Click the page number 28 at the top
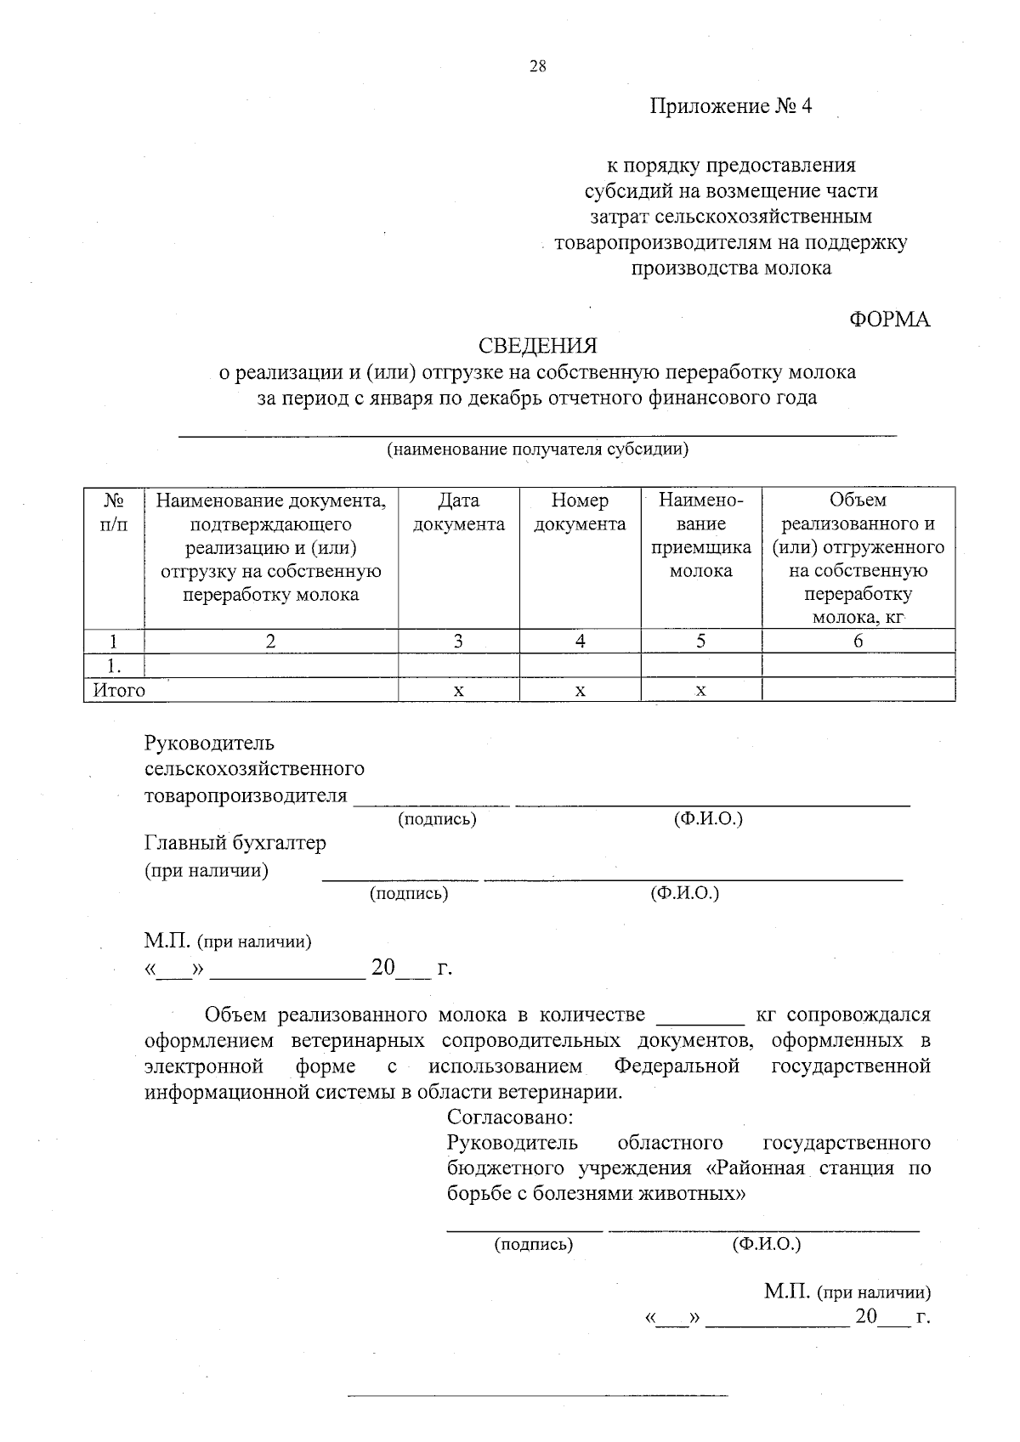click(x=537, y=67)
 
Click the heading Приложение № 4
click(x=730, y=106)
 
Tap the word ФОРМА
click(x=889, y=320)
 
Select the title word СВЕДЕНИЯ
click(x=537, y=346)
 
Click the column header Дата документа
click(x=458, y=512)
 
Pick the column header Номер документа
click(x=580, y=512)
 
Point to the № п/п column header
click(x=114, y=512)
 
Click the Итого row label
click(x=119, y=691)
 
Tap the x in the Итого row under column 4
click(x=580, y=691)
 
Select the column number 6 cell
click(x=858, y=642)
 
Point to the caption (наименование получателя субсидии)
click(x=537, y=450)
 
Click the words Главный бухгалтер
click(x=235, y=843)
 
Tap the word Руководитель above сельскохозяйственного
click(x=209, y=744)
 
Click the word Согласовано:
click(x=510, y=1117)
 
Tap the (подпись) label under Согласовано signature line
click(x=534, y=1245)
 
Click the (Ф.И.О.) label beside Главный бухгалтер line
click(x=684, y=893)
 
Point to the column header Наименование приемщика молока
click(x=700, y=535)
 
